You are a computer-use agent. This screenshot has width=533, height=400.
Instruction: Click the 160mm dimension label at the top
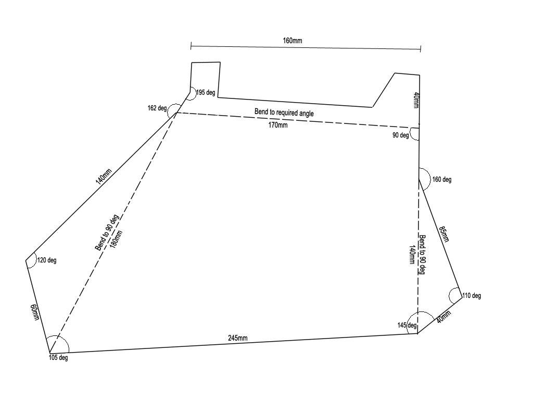(293, 41)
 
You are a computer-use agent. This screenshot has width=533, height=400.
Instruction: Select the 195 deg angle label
(206, 93)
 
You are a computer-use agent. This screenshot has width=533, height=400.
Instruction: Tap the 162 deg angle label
(157, 108)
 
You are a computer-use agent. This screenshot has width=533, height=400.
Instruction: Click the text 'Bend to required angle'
(284, 113)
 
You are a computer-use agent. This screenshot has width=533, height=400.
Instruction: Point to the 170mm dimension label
(277, 125)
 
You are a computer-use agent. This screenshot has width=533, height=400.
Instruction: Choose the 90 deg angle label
(400, 136)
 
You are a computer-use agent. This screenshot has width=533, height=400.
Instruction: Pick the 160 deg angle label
(442, 180)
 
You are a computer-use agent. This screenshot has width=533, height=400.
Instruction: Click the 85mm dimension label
(443, 234)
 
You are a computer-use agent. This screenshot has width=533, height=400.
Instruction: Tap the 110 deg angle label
(472, 296)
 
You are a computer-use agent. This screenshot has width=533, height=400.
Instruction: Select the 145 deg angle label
(407, 326)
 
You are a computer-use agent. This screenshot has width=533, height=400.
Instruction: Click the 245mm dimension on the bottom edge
(238, 338)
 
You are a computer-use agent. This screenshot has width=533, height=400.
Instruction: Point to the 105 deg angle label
(58, 358)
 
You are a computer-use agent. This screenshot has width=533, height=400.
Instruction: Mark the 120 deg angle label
(47, 260)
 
